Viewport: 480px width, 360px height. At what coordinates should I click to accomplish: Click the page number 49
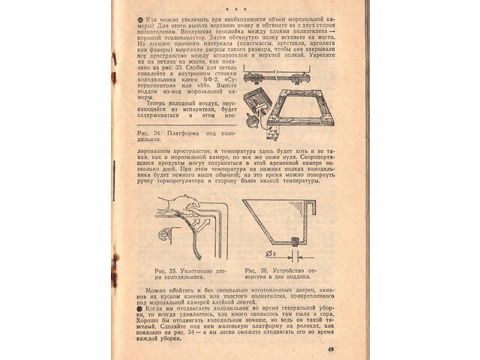pos(331,349)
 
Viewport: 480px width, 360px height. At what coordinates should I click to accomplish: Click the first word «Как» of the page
pos(153,16)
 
